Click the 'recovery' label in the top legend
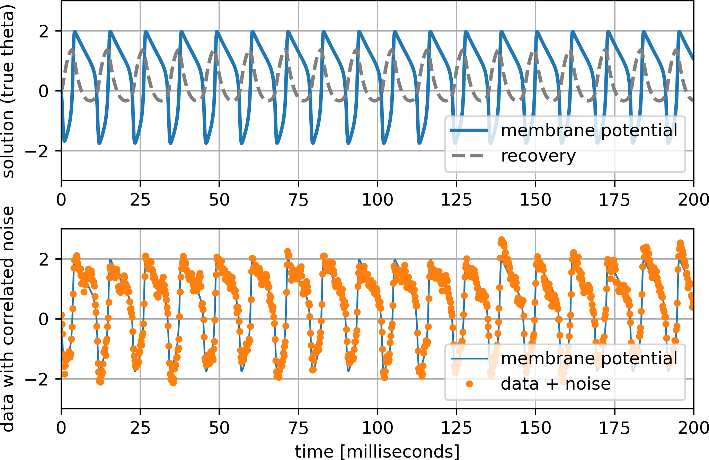coord(538,156)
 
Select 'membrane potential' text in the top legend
coord(589,131)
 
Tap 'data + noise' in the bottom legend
coord(556,384)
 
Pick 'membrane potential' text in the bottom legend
coord(589,359)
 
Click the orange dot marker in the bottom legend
coord(469,384)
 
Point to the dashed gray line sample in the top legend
coord(469,156)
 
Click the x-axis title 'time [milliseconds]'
coord(377,451)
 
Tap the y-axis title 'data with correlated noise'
coord(8,319)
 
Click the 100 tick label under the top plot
coord(377,200)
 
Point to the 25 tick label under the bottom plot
coord(140,428)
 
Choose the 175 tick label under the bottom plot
coord(614,428)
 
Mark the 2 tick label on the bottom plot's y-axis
coord(44,259)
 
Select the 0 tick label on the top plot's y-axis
coord(44,91)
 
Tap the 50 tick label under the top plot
coord(219,200)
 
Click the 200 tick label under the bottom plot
coord(693,428)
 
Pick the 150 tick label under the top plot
coord(535,200)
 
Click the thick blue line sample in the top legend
coord(469,131)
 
